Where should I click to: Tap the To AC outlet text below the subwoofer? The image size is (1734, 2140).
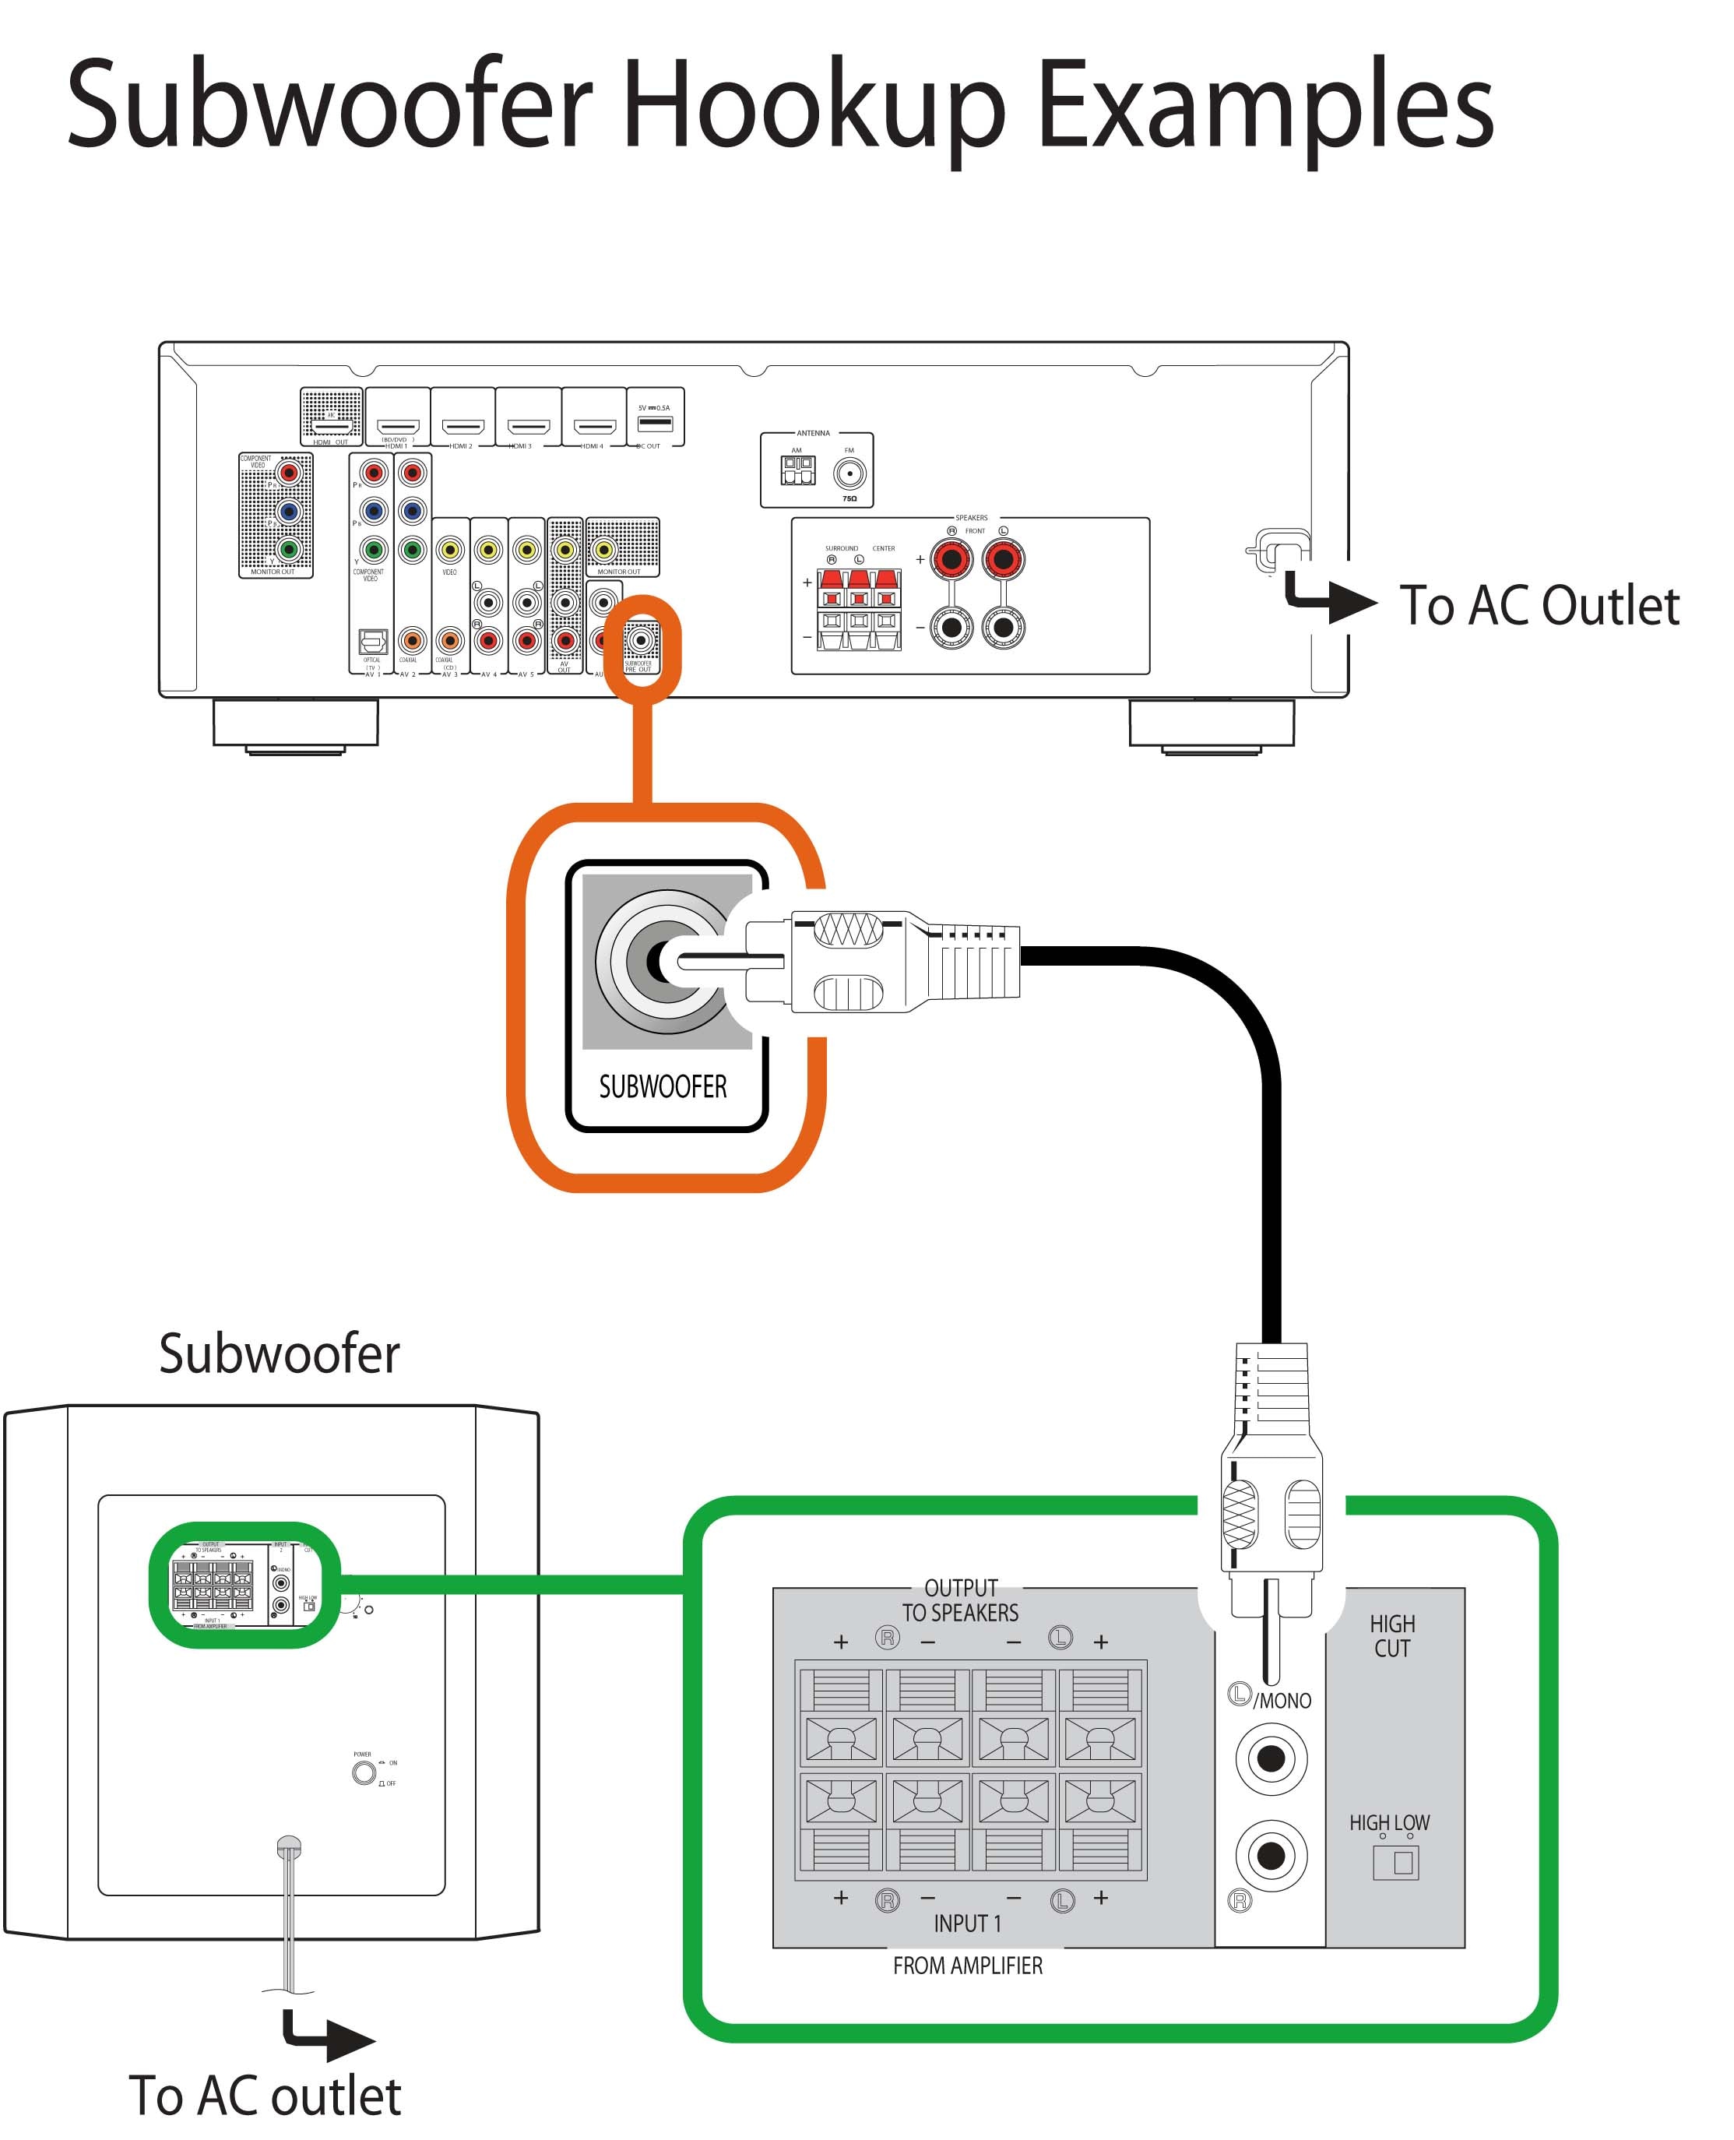[x=265, y=2095]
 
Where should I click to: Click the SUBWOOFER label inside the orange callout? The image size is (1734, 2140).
[x=663, y=1086]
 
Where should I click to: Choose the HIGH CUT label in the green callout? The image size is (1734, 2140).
[x=1391, y=1635]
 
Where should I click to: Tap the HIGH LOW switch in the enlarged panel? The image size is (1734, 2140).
[x=1395, y=1861]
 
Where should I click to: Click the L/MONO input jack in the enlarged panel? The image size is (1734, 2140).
[x=1271, y=1758]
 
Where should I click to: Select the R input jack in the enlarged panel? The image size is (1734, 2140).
[x=1271, y=1855]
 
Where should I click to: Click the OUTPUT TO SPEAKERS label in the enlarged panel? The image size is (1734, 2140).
[x=960, y=1600]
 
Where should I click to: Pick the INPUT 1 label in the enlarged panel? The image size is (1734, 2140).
[x=967, y=1924]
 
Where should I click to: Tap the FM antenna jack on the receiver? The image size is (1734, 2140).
[x=849, y=473]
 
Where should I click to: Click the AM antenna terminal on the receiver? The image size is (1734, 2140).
[x=797, y=470]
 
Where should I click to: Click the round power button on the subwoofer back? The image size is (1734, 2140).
[x=364, y=1773]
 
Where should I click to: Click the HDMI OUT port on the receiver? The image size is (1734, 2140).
[x=332, y=427]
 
